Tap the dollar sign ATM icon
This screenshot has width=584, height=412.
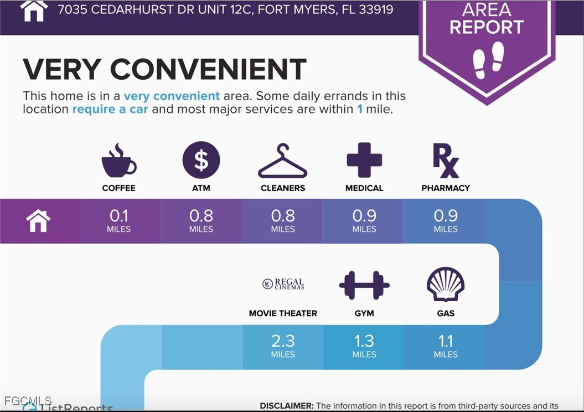pyautogui.click(x=201, y=161)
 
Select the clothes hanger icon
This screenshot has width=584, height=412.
pyautogui.click(x=282, y=162)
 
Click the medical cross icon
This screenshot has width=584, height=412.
pyautogui.click(x=364, y=160)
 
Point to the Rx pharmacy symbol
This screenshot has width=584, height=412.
pyautogui.click(x=445, y=160)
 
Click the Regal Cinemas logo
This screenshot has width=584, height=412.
pyautogui.click(x=283, y=284)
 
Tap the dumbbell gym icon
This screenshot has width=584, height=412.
pyautogui.click(x=364, y=285)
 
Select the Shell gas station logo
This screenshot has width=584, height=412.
pyautogui.click(x=446, y=284)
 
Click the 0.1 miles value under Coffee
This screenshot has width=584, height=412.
pyautogui.click(x=119, y=220)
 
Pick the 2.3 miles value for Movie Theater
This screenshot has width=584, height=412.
pyautogui.click(x=283, y=346)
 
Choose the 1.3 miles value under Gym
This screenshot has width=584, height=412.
pyautogui.click(x=364, y=346)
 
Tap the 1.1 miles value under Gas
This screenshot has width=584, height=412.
pyautogui.click(x=446, y=346)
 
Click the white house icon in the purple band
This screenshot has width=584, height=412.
pyautogui.click(x=38, y=221)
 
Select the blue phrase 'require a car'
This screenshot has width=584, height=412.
pyautogui.click(x=110, y=109)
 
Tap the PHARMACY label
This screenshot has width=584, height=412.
pyautogui.click(x=446, y=188)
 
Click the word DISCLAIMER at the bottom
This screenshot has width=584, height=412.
pyautogui.click(x=286, y=406)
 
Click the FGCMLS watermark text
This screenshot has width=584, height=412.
pyautogui.click(x=28, y=400)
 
